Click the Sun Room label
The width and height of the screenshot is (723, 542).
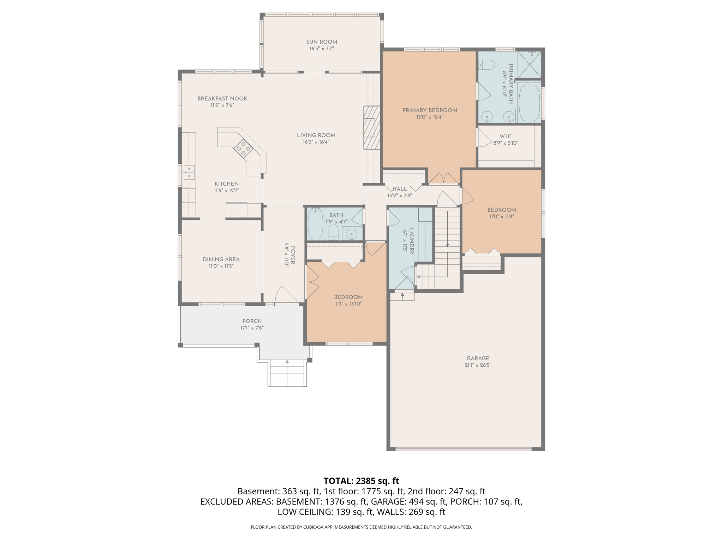pyautogui.click(x=321, y=42)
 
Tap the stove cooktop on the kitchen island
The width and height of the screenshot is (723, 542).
pyautogui.click(x=243, y=148)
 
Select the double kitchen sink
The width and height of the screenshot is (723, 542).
pyautogui.click(x=189, y=172)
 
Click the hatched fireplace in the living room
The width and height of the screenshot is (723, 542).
pyautogui.click(x=372, y=127)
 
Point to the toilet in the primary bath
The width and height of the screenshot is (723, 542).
pyautogui.click(x=488, y=65)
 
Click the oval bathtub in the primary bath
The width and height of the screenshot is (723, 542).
pyautogui.click(x=529, y=103)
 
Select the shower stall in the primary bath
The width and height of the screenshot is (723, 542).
pyautogui.click(x=529, y=64)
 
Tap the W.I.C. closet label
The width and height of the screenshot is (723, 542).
pyautogui.click(x=506, y=136)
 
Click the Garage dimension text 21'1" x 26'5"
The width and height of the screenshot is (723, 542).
pyautogui.click(x=478, y=365)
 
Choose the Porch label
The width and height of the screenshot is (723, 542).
pyautogui.click(x=252, y=321)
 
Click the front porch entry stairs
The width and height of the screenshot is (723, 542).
pyautogui.click(x=287, y=373)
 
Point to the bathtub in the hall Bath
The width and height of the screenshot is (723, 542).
pyautogui.click(x=315, y=224)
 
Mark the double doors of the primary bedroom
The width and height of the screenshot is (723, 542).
pyautogui.click(x=443, y=178)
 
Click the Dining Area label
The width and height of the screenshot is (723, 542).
pyautogui.click(x=221, y=259)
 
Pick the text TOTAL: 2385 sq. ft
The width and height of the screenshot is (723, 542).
pyautogui.click(x=361, y=481)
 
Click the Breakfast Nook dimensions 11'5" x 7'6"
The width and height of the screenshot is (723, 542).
pyautogui.click(x=222, y=105)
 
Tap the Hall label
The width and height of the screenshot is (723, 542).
pyautogui.click(x=399, y=189)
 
